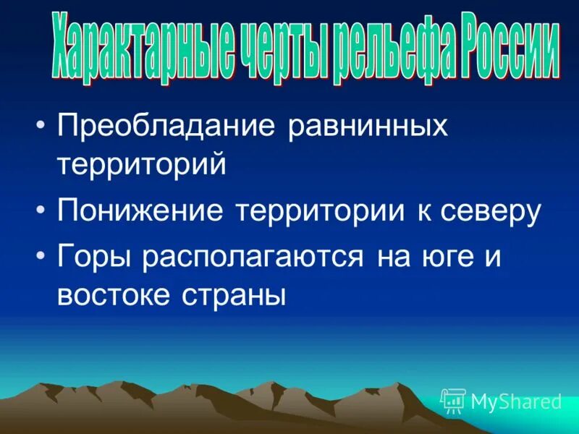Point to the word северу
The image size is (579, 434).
pyautogui.click(x=495, y=212)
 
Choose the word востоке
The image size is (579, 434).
pyautogui.click(x=117, y=297)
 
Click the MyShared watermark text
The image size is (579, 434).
pyautogui.click(x=515, y=401)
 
